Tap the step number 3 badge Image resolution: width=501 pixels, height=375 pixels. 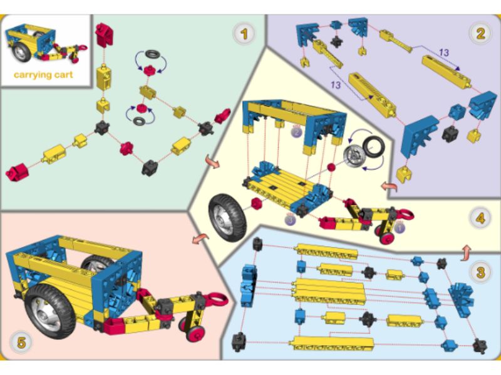pos(480,272)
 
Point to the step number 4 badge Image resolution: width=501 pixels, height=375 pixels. pos(480,219)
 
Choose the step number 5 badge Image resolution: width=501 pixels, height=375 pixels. pos(21,342)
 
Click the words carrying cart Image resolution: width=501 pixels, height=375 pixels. pos(43,75)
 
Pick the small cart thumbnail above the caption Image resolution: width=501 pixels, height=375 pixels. pos(44,44)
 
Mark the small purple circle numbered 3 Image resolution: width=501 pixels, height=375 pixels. pos(289,219)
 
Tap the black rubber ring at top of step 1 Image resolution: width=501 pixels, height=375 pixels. pos(151,56)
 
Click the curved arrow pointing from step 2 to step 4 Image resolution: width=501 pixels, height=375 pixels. pos(388,187)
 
